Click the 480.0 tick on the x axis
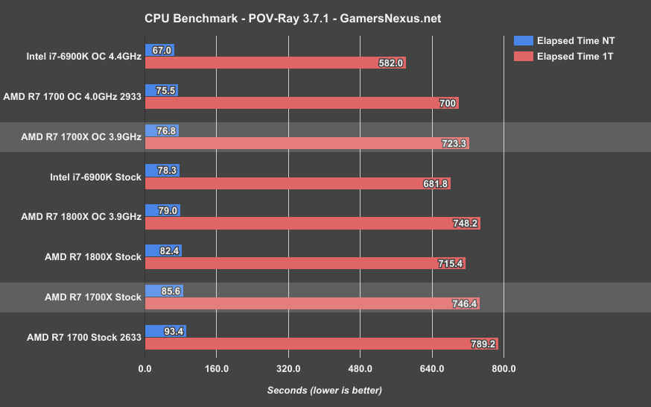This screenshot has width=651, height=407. coord(360,369)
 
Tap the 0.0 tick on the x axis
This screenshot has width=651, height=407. coord(145,369)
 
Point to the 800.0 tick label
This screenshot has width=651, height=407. coord(504,369)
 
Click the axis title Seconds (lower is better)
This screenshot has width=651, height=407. coord(324,390)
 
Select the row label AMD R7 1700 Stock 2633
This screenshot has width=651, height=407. coord(77,337)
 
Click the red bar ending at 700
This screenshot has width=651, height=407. coord(302,103)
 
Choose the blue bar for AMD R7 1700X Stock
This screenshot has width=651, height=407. coord(164,291)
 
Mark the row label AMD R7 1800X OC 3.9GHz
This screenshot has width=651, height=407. coord(81,217)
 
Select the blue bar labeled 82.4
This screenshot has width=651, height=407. coord(163,250)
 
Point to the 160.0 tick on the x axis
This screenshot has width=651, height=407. coord(216,369)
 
